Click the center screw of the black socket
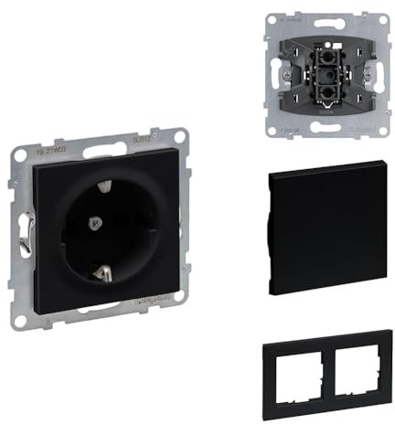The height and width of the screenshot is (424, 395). [93, 222]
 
